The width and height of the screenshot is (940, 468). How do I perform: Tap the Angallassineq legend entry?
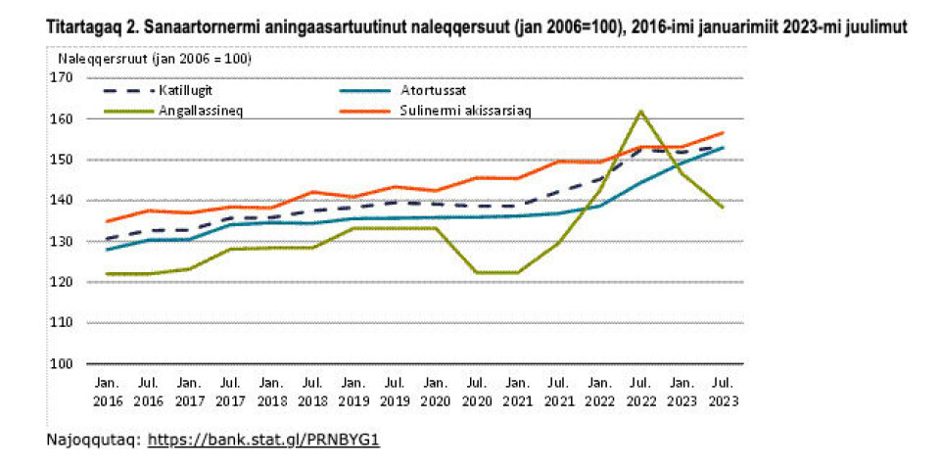[x=201, y=110]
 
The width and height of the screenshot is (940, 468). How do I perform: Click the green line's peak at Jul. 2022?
[x=640, y=111]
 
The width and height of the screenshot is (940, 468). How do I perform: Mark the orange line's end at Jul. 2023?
[x=723, y=132]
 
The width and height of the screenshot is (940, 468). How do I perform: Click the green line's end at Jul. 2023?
[x=723, y=207]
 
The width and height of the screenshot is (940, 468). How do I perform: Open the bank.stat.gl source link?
[x=263, y=440]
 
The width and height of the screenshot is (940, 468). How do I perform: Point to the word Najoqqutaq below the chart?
[x=93, y=440]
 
